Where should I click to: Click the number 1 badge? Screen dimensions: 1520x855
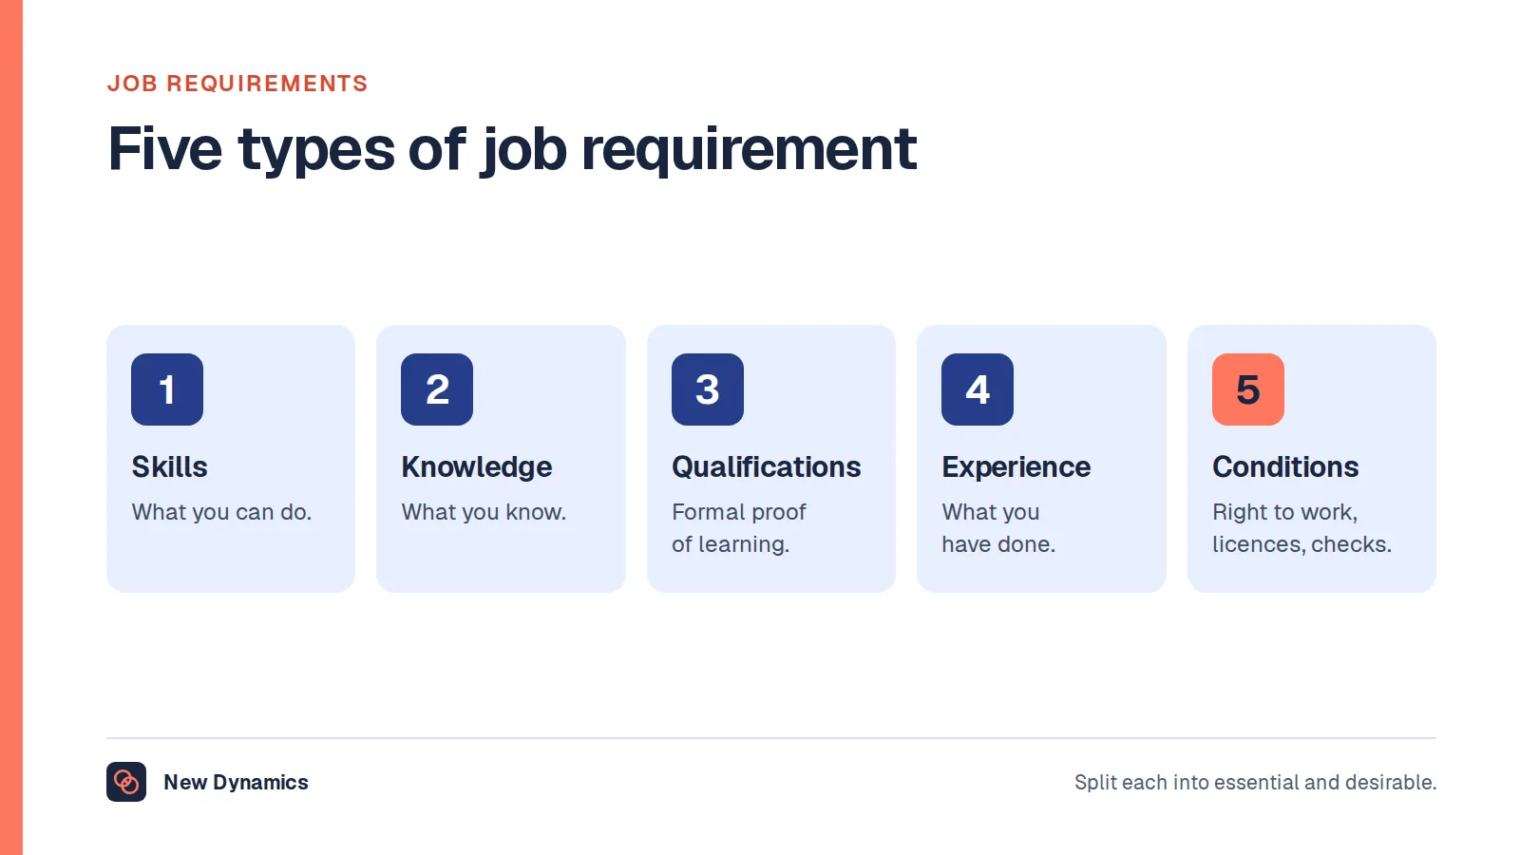click(x=167, y=389)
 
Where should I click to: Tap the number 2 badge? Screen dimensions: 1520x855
click(x=437, y=389)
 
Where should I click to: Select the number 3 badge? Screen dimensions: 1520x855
click(x=708, y=389)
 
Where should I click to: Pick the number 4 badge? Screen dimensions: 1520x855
click(x=978, y=389)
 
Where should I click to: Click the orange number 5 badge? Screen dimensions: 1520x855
click(x=1248, y=389)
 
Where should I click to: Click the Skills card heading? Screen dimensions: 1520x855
click(x=170, y=466)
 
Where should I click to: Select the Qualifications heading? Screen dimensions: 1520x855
click(x=766, y=466)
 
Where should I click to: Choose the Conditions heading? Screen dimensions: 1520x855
click(x=1285, y=466)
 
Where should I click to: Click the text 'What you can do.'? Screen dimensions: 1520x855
click(x=221, y=512)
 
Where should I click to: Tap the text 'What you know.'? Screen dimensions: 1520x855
click(x=484, y=512)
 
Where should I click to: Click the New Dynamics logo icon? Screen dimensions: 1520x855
click(x=126, y=782)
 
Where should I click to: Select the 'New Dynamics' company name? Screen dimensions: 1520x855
click(x=236, y=783)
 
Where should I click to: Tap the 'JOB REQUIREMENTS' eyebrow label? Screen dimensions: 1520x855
click(x=237, y=84)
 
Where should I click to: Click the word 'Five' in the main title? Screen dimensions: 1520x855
click(x=165, y=148)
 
